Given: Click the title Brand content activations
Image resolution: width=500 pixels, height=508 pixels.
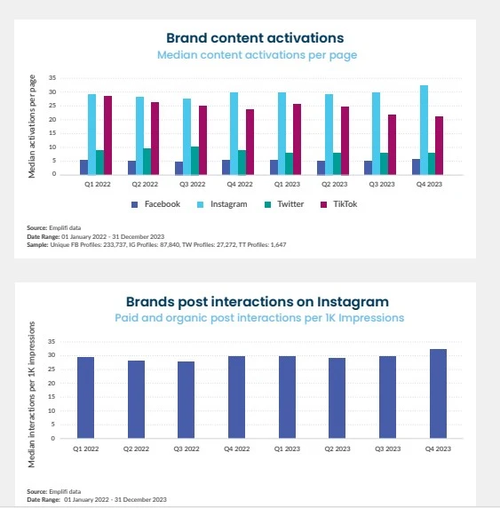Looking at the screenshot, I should point(255,38).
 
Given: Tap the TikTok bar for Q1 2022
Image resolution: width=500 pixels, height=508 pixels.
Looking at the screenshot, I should point(107,135).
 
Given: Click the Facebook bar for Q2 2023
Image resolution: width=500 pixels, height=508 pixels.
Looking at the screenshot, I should point(321,167).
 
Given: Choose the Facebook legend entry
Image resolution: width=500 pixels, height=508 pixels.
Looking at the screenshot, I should point(155,204).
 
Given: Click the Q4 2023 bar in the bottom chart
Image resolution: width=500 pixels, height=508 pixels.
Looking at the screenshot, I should point(438,393).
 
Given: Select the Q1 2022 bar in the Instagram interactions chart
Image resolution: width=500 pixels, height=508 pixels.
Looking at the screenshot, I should point(85,397).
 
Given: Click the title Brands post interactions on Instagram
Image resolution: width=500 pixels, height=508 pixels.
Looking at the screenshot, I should point(257,302).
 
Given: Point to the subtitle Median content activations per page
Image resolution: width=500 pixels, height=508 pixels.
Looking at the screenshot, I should point(258,55).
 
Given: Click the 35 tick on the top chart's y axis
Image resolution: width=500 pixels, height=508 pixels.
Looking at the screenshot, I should point(52,78).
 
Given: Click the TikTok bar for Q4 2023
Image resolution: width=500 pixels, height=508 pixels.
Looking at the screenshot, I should point(439,145).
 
